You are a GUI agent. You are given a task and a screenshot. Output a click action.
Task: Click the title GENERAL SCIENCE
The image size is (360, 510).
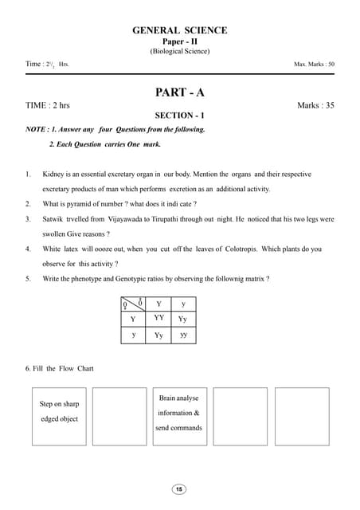pos(179,30)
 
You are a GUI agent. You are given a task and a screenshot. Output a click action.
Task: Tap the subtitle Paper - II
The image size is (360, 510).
pos(179,41)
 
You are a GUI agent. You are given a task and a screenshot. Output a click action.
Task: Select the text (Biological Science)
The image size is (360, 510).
pos(179,52)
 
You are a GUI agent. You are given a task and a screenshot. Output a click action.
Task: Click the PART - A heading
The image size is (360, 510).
pos(179,92)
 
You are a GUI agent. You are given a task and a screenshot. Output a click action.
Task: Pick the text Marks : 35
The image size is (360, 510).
pos(315,105)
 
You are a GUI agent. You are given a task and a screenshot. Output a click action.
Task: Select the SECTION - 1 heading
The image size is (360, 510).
pos(179,116)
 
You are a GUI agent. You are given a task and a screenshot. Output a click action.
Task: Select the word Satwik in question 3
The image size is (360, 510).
pos(53,218)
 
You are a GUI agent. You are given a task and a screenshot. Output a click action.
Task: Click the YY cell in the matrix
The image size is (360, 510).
pos(158,317)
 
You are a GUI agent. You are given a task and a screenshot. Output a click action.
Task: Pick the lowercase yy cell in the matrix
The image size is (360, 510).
pos(183,335)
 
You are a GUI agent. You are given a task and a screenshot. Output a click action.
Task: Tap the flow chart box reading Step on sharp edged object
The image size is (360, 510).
pos(59,416)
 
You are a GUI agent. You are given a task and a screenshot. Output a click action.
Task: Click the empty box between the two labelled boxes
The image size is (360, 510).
pos(119,416)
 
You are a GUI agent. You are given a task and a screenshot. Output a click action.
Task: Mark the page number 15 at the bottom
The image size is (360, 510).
pos(179,488)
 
